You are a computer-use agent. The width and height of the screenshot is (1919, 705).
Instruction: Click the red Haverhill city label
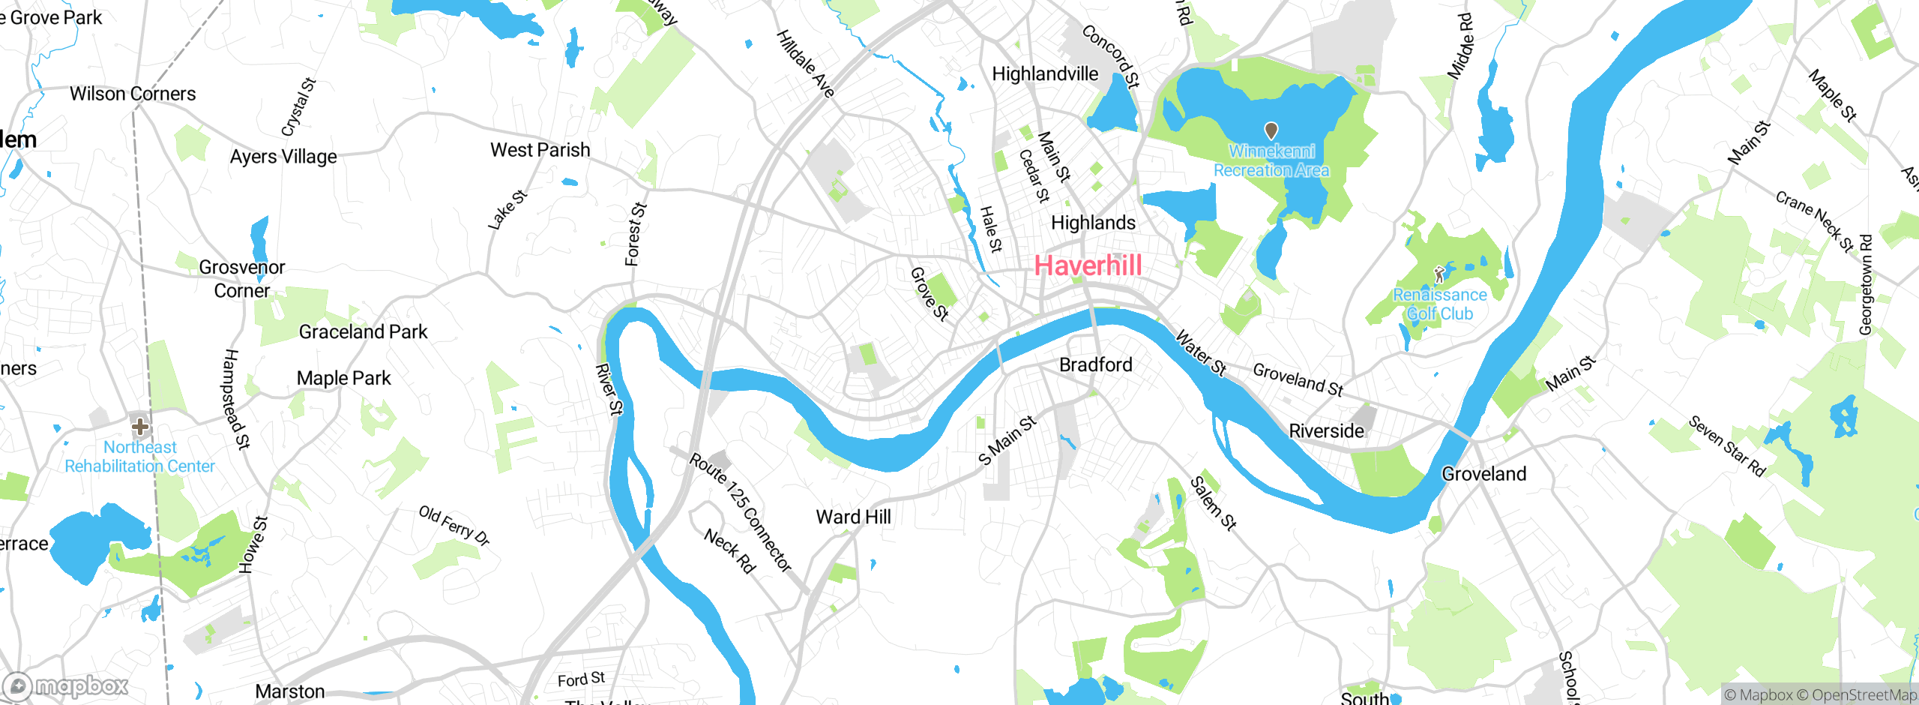point(1088,265)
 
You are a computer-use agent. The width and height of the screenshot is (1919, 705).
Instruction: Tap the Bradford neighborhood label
point(1095,365)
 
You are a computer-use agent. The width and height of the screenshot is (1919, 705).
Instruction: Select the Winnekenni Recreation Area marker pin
point(1271,131)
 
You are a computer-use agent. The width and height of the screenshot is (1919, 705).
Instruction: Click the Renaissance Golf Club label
point(1439,304)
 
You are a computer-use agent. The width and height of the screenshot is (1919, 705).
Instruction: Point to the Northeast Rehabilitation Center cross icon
point(139,427)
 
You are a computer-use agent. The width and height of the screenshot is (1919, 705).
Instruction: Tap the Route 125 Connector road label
point(740,512)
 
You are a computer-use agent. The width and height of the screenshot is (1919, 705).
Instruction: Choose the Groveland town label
point(1483,474)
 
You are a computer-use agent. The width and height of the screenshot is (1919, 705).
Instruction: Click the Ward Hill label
point(853,517)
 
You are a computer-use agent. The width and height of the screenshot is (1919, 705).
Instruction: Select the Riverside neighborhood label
point(1326,431)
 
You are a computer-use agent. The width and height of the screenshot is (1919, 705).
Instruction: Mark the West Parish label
point(540,150)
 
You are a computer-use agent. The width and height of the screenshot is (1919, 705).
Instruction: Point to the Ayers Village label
point(283,157)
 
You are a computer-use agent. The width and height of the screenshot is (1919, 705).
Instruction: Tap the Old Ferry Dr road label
point(454,525)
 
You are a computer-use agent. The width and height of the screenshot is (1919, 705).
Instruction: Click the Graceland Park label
point(363,331)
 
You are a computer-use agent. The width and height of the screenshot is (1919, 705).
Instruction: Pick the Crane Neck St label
point(1814,221)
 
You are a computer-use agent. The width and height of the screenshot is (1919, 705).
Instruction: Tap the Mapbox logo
point(66,686)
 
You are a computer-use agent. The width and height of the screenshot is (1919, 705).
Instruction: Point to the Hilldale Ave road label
point(804,64)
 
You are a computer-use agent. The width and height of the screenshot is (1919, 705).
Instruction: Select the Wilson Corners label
point(133,94)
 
